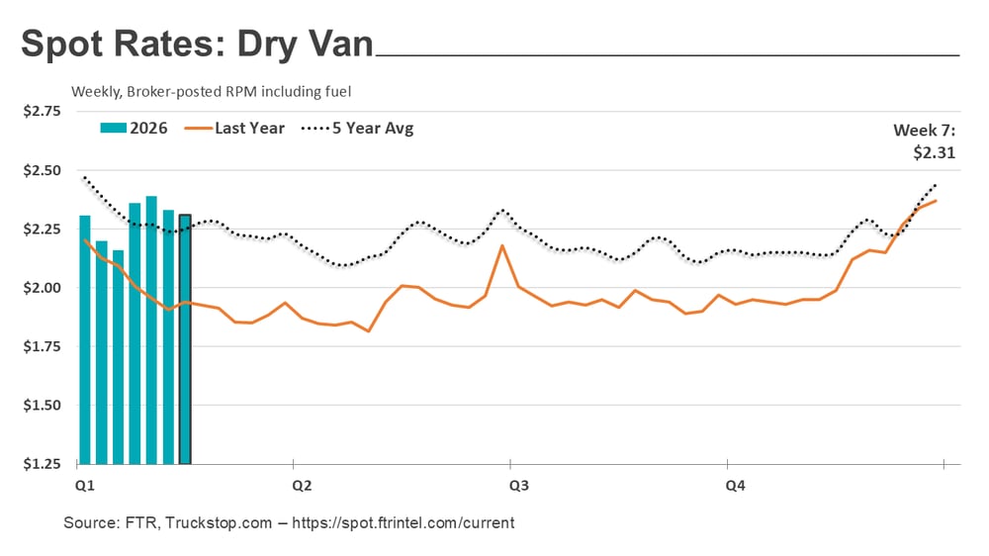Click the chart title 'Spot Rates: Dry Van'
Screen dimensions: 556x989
(198, 45)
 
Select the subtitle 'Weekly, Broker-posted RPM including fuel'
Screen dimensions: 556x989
(212, 91)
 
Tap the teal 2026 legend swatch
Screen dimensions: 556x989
(114, 128)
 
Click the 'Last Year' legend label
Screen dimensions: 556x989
(249, 128)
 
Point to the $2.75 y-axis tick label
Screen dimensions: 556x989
(42, 111)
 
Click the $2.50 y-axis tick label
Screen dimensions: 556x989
(42, 170)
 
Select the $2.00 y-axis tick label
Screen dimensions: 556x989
(42, 288)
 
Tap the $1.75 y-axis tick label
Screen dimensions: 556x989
(42, 346)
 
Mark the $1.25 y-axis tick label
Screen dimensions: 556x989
(42, 464)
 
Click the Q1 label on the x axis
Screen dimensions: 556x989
(84, 486)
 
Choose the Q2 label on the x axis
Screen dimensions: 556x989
(302, 486)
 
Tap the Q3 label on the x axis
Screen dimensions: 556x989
(518, 486)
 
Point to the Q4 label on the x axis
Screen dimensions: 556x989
(736, 486)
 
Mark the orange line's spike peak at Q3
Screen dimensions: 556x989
(502, 245)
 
